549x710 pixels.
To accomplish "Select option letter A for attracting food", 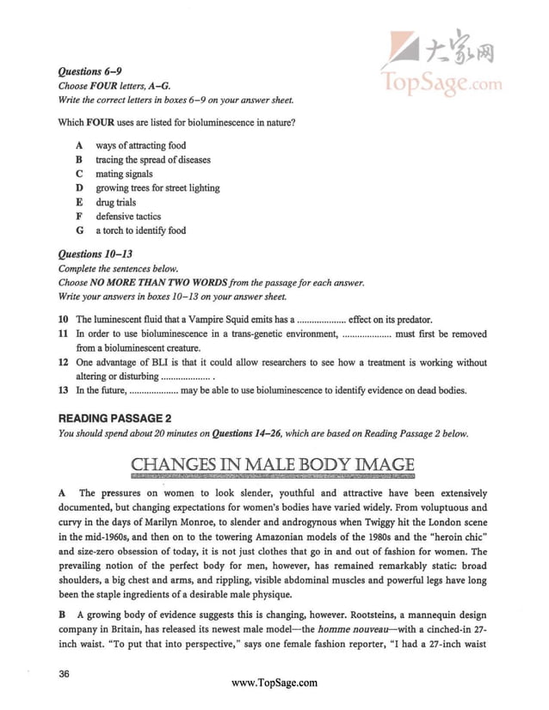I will click(78, 145).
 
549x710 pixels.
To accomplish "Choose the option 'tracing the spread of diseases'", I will click(152, 160).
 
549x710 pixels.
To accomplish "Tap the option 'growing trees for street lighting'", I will click(157, 188).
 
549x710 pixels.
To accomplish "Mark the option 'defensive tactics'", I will click(128, 217).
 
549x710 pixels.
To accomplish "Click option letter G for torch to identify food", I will click(78, 230).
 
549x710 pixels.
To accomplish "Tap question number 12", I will click(63, 363).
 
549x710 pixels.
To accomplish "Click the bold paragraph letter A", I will click(62, 493).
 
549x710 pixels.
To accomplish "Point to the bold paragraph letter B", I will click(62, 615).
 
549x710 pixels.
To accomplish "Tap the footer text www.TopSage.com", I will click(275, 683).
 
